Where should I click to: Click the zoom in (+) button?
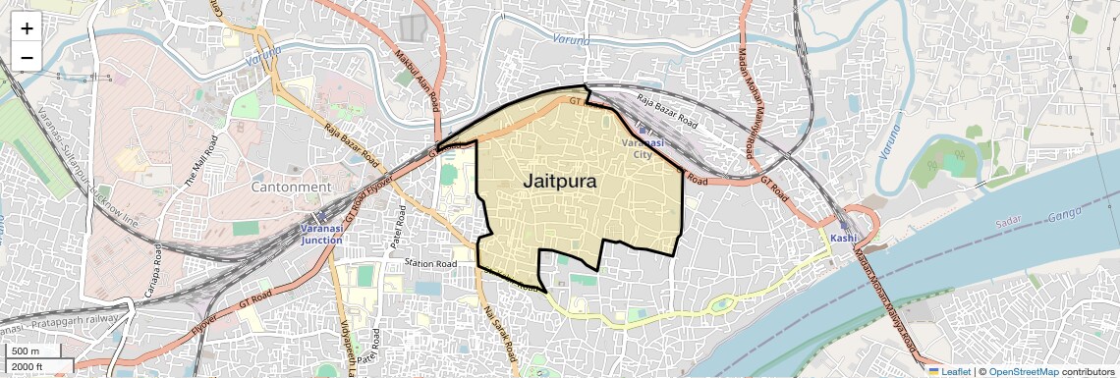pos(27,28)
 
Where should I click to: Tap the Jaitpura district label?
pos(574,182)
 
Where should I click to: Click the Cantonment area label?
pos(291,187)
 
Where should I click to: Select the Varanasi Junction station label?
pos(321,234)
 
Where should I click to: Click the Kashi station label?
pos(843,239)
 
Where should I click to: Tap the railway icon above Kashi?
pos(843,225)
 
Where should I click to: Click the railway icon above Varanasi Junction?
pos(319,216)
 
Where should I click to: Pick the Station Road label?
pos(431,264)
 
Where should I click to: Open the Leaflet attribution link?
pos(949,371)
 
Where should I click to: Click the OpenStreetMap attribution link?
pos(1023,371)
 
